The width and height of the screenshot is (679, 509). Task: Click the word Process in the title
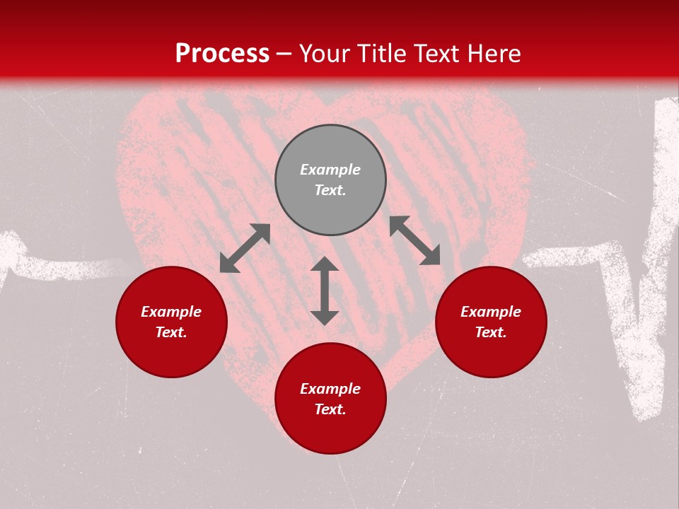pos(222,54)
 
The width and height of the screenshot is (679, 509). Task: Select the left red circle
pos(171,353)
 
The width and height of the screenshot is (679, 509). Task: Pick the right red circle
pos(491,353)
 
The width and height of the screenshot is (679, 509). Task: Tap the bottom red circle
pos(330,431)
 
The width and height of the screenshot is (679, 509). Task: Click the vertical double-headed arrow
pos(325,291)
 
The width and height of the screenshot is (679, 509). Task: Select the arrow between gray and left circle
pos(245,248)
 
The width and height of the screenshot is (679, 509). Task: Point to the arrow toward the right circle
pos(414,240)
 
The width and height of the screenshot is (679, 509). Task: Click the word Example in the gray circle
pos(330,170)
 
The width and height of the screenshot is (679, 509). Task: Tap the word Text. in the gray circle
pos(330,190)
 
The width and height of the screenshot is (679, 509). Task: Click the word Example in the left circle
pos(171,312)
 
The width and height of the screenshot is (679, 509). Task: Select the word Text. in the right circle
pos(491,332)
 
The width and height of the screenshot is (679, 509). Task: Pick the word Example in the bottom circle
pos(330,389)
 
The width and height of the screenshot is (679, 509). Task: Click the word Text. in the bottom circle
pos(330,409)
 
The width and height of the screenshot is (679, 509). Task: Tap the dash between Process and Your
pos(284,54)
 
